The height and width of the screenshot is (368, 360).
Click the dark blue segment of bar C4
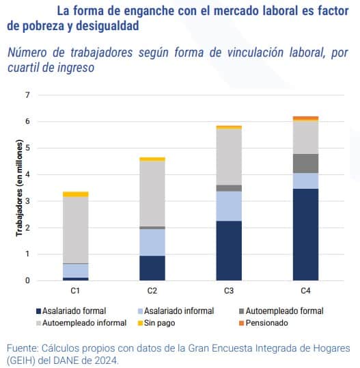[x=305, y=234]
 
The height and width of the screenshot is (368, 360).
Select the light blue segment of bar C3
[x=229, y=206]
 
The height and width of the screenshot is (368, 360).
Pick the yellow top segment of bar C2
[x=152, y=159]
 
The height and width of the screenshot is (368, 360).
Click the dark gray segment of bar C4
[x=305, y=163]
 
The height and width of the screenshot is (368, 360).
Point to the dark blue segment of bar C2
[x=152, y=267]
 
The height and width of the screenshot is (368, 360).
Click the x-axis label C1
[x=75, y=291]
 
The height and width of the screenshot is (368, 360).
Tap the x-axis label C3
[x=229, y=291]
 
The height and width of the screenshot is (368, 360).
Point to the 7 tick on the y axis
[x=28, y=94]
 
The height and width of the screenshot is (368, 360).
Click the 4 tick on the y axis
[x=28, y=174]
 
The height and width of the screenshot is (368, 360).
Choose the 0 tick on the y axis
[x=28, y=280]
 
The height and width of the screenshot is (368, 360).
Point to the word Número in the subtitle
[x=27, y=53]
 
